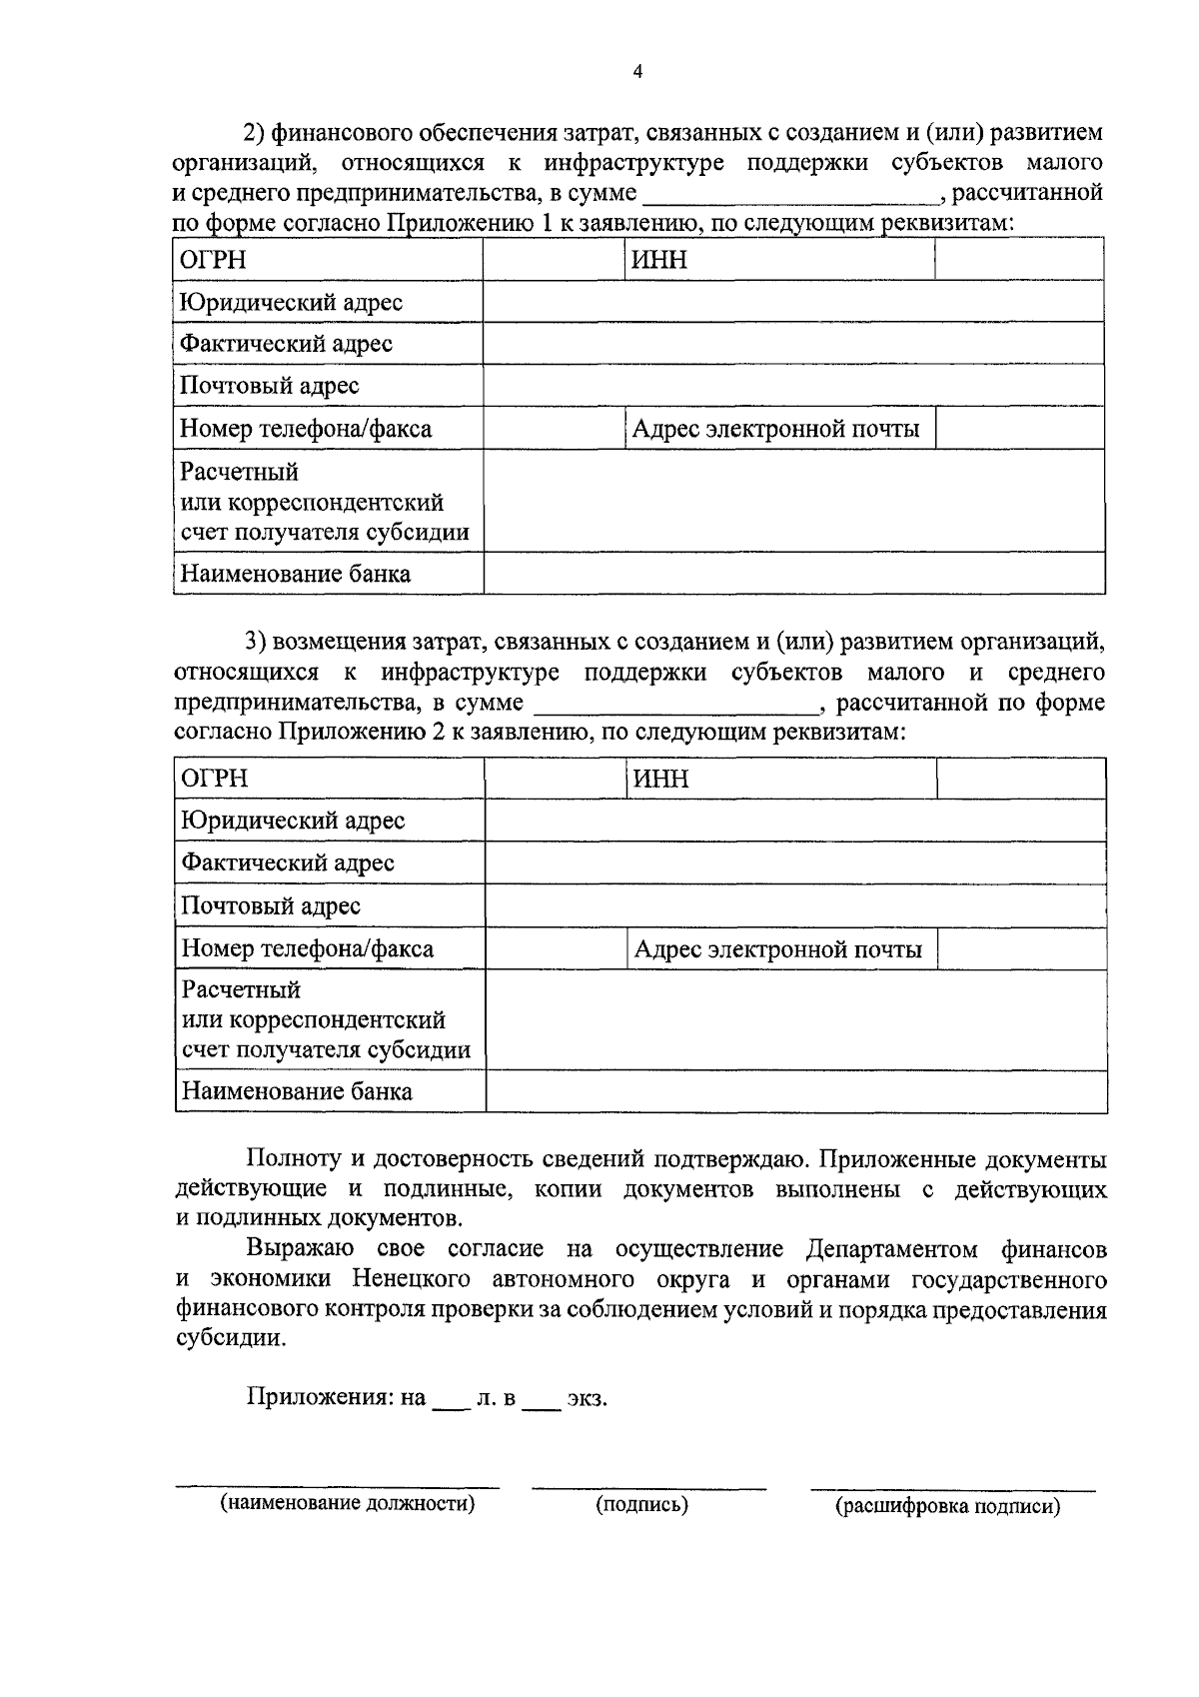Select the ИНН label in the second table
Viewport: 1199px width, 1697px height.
[x=660, y=779]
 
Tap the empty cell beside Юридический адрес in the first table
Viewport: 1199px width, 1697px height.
[x=793, y=302]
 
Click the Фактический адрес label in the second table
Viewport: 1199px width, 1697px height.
[x=288, y=862]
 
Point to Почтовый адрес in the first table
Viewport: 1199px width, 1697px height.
[x=269, y=386]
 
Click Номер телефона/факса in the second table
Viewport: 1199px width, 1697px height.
[x=307, y=948]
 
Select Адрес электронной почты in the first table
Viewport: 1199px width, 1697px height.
[x=775, y=429]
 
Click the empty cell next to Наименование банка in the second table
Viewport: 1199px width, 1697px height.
[x=795, y=1091]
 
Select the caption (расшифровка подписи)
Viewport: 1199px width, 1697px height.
[x=947, y=1507]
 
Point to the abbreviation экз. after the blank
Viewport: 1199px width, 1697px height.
[x=587, y=1399]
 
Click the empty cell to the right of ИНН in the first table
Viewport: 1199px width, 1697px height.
[x=1018, y=261]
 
